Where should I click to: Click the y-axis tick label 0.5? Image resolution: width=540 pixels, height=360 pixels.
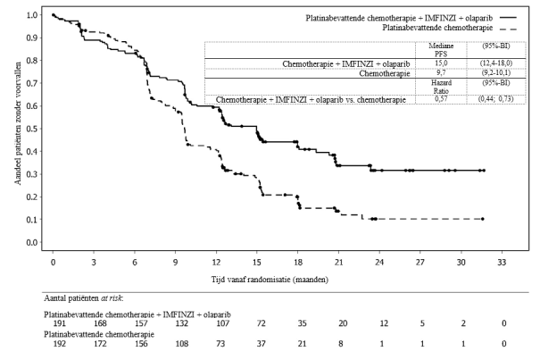pos(33,129)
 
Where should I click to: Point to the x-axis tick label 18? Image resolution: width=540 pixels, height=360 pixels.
pos(297,264)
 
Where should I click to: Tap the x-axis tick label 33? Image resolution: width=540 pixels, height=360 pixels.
pos(502,264)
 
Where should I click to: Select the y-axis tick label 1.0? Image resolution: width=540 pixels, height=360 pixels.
pos(33,15)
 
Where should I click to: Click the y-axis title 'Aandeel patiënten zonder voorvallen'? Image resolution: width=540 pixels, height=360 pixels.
pos(18,129)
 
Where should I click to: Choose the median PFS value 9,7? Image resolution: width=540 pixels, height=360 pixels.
pos(440,75)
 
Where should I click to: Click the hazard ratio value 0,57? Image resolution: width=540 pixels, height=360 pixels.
pos(440,98)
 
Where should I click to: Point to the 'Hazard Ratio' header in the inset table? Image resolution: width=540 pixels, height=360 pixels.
pos(440,87)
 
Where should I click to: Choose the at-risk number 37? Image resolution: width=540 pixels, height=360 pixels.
pos(262,343)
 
